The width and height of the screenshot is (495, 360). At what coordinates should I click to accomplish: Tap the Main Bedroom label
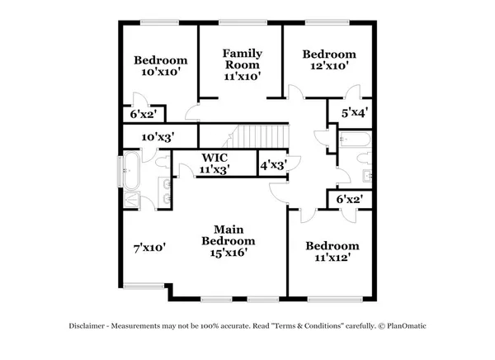coord(229,234)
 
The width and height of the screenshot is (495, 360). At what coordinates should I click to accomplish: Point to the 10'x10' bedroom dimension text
coord(161,72)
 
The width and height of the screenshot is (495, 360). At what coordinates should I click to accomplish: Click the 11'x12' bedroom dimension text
coord(332,258)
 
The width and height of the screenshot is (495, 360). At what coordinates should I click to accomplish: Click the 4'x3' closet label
coord(274,164)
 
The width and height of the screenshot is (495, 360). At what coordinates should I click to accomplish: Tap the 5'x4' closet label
coord(355,111)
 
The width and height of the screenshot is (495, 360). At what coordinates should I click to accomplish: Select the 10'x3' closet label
coord(158,137)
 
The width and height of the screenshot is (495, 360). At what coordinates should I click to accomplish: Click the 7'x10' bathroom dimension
coord(150,246)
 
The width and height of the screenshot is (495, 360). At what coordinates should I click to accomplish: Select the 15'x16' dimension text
coord(229,253)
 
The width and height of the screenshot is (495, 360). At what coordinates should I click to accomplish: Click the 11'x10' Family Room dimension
coord(242,76)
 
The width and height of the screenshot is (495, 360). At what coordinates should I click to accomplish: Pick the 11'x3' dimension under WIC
coord(214,168)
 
